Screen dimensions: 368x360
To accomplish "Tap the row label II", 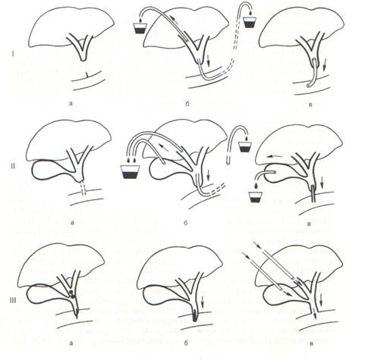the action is [x=14, y=166].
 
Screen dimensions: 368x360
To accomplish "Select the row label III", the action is [x=12, y=300].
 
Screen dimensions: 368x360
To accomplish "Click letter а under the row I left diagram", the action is [x=71, y=103].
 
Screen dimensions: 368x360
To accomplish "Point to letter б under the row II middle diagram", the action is [x=186, y=223].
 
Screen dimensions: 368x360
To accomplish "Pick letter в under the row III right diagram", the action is [x=311, y=343].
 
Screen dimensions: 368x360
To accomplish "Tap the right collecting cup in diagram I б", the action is [x=250, y=23].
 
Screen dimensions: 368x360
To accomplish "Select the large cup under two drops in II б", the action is [x=131, y=172].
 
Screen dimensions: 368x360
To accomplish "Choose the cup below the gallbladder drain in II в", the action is [x=256, y=198].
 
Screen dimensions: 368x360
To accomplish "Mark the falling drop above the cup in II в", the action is [x=256, y=186].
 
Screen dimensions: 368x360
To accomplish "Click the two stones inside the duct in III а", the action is [x=72, y=295].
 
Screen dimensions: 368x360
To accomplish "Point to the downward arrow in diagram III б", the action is [x=203, y=300].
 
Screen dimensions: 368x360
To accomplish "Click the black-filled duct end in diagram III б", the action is [x=194, y=316].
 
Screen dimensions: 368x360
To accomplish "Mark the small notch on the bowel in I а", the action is [x=86, y=74].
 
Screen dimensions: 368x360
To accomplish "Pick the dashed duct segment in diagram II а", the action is [x=83, y=189].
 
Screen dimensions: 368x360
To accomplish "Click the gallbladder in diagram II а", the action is [x=48, y=171].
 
